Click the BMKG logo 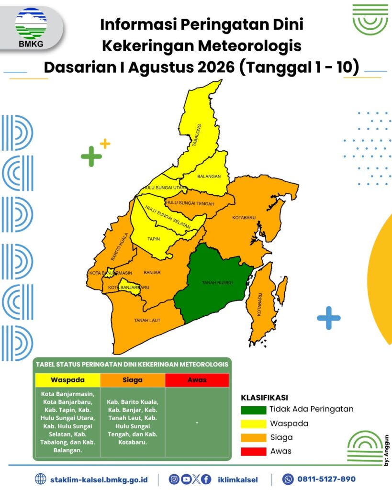[31, 28]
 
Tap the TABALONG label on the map [197, 135]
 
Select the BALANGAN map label [209, 177]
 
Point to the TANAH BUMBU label [217, 283]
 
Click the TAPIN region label [154, 239]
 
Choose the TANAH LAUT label [147, 320]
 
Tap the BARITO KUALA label [119, 246]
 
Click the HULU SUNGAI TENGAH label [190, 203]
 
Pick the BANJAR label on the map [152, 272]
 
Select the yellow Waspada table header [67, 380]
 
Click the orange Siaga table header [133, 380]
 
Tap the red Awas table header [197, 380]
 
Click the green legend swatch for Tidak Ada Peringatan [254, 410]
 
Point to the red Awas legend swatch [254, 452]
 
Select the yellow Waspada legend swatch [254, 424]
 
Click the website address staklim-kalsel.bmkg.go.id [99, 479]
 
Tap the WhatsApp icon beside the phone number [288, 479]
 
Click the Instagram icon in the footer [174, 479]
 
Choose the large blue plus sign [328, 318]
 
